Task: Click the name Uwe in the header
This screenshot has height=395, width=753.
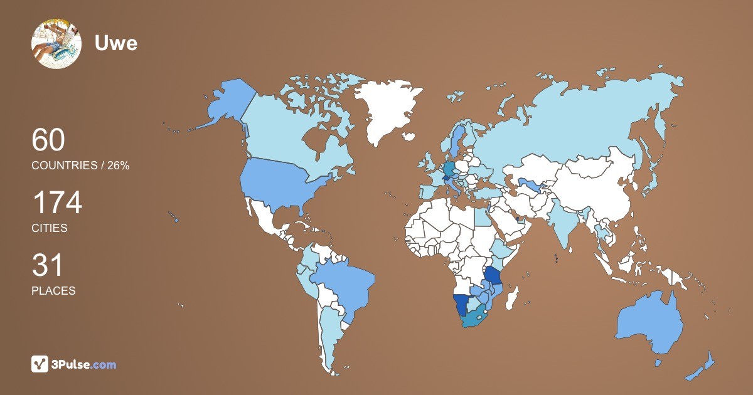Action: click(x=115, y=43)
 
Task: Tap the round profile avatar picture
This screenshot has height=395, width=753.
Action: click(x=56, y=44)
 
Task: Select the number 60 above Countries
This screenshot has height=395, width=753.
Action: click(x=48, y=140)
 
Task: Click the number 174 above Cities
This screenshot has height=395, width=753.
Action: click(x=57, y=203)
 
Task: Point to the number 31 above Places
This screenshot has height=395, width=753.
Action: click(x=48, y=266)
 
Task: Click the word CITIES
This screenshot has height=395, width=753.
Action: click(x=50, y=228)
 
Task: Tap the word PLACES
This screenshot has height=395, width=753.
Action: click(x=53, y=291)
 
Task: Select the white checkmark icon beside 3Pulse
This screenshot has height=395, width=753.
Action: click(x=40, y=364)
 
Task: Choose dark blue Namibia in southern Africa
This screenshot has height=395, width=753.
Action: click(x=462, y=306)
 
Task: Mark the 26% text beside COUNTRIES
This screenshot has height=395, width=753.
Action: click(x=117, y=166)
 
